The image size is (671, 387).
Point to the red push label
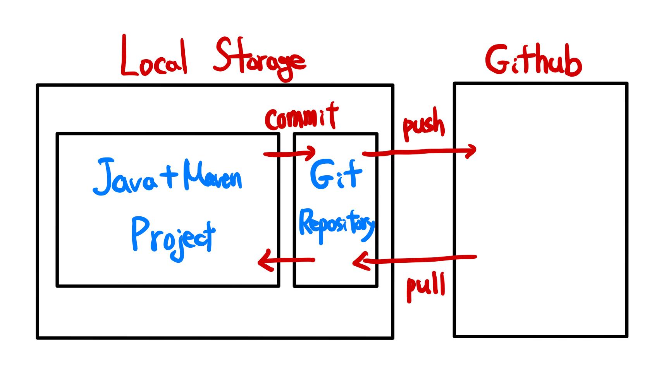click(423, 126)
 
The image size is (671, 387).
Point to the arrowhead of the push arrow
click(472, 151)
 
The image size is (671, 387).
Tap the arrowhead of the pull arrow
click(358, 262)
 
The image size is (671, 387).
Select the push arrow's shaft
click(418, 152)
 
